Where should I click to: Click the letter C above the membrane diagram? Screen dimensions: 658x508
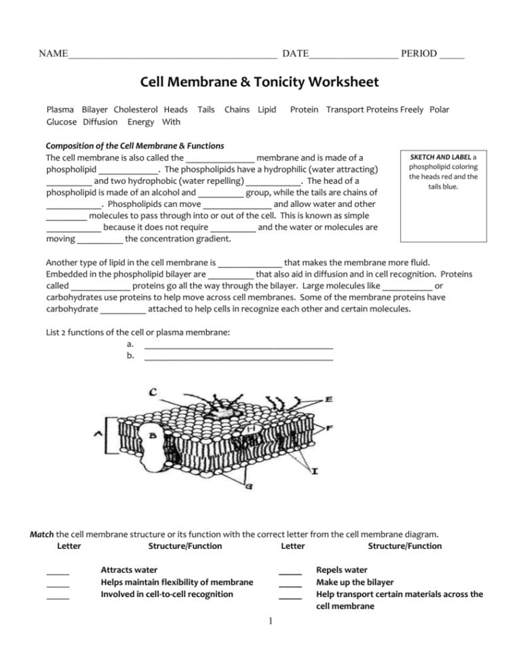pos(154,392)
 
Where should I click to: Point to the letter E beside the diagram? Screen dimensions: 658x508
pos(329,400)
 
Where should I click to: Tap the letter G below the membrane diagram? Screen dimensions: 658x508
pos(250,487)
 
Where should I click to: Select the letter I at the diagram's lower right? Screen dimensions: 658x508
pos(316,471)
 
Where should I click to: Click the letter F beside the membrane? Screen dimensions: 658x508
pos(329,429)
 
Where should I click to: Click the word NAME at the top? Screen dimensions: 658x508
pos(53,54)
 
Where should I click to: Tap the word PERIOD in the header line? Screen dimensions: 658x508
pos(418,54)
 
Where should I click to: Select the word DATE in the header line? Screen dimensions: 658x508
pos(295,54)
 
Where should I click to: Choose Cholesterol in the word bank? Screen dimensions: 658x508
pos(136,109)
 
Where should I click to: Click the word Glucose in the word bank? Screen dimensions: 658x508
pos(61,122)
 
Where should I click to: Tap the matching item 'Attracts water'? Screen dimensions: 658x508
pos(129,570)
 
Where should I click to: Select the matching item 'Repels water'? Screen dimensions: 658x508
pos(342,570)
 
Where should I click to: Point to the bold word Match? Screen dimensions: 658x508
pos(42,535)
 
